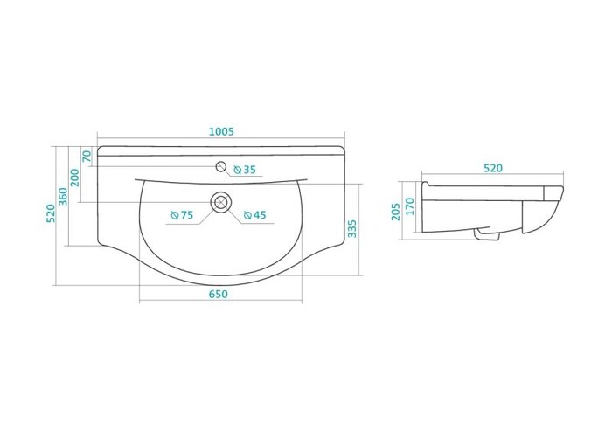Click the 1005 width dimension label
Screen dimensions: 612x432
[221, 131]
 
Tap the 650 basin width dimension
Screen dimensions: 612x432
[218, 294]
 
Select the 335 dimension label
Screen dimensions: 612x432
[352, 228]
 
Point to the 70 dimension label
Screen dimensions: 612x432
[87, 157]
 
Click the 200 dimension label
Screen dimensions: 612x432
[74, 178]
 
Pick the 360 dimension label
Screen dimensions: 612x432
[63, 196]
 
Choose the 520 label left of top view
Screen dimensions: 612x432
[51, 213]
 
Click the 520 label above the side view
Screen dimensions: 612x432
[493, 168]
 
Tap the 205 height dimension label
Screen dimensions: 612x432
[396, 211]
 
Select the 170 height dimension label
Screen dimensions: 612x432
[409, 206]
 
